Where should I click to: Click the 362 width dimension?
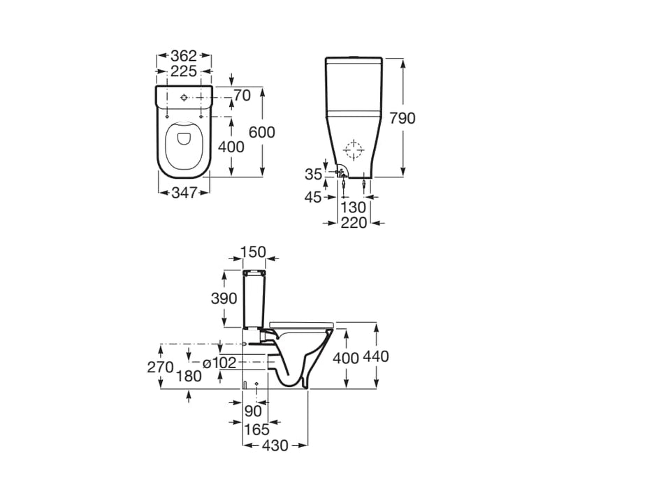(184, 55)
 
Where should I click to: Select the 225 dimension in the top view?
(184, 71)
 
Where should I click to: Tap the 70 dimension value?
(242, 96)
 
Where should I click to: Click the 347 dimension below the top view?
(184, 193)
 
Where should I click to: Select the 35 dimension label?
(314, 173)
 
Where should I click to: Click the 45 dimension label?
(314, 198)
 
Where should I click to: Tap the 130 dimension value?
(354, 207)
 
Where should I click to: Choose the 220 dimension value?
(354, 223)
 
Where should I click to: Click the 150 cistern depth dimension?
(253, 251)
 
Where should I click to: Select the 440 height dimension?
(396, 357)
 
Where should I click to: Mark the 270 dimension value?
(160, 367)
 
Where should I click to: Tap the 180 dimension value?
(189, 376)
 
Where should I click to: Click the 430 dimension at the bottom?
(275, 445)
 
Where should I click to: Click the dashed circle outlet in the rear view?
(355, 150)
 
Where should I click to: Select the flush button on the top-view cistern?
(184, 97)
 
